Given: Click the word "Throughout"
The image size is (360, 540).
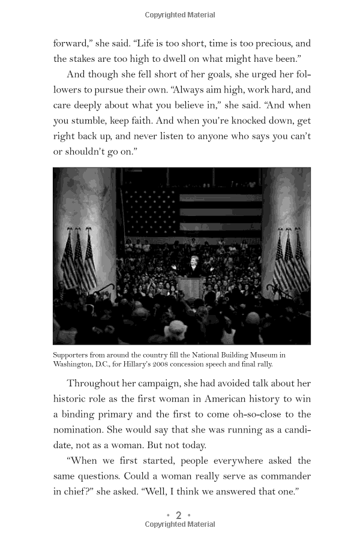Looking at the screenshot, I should click(97, 383).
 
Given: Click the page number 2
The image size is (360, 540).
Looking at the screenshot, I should click(178, 515).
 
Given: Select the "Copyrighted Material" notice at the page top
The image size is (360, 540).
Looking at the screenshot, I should click(180, 14).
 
